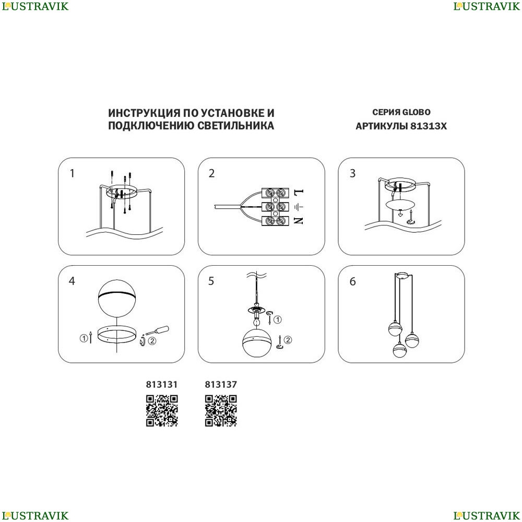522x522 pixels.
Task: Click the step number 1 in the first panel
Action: pos(72,173)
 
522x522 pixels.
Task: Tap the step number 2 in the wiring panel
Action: pos(212,173)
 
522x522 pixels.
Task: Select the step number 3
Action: pos(352,173)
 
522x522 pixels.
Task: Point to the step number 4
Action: pos(72,281)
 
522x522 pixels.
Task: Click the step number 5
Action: pos(211,281)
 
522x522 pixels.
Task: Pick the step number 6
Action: pos(352,281)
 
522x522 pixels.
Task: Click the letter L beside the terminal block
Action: pos(299,192)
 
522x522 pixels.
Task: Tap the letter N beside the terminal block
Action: pos(299,220)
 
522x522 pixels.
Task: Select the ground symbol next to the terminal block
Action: pos(299,207)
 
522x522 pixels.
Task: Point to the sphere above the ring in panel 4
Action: pos(117,299)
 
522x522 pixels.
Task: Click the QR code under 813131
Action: pos(162,410)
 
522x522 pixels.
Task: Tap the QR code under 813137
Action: pos(221,410)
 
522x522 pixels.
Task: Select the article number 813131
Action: pos(162,385)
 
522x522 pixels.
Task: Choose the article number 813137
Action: pos(221,385)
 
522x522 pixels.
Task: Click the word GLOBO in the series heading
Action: pos(416,112)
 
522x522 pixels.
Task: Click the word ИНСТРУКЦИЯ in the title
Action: pos(144,113)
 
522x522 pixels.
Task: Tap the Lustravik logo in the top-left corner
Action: pos(35,6)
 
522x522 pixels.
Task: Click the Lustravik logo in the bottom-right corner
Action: pos(487,516)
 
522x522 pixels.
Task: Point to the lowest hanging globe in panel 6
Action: pos(399,350)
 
